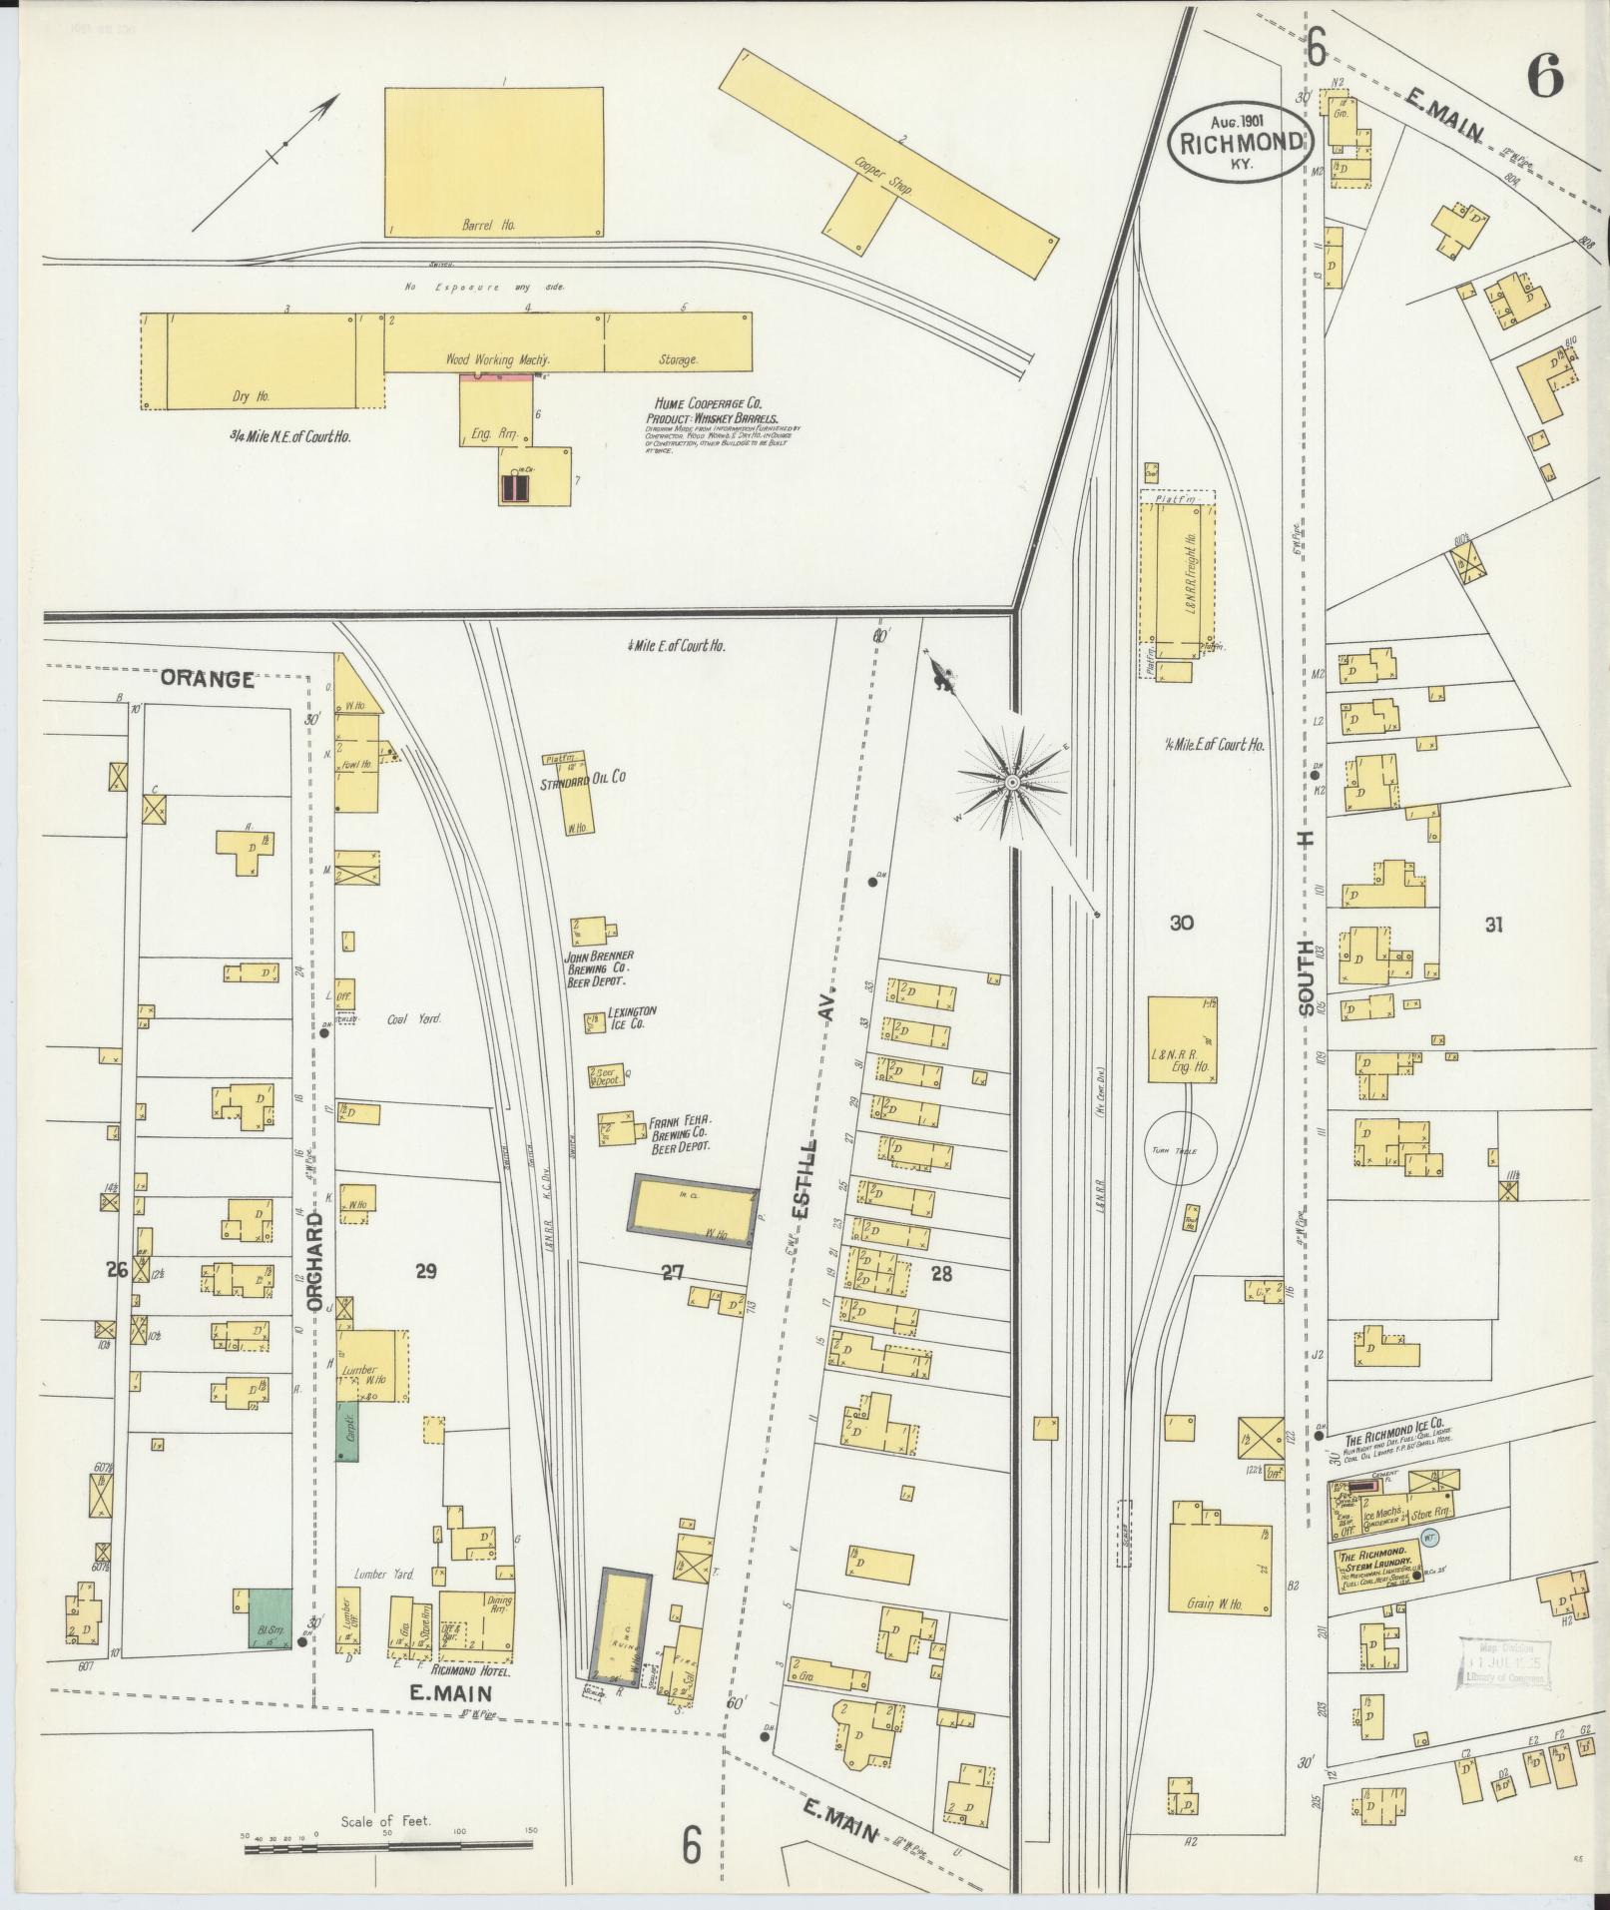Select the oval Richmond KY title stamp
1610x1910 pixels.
1239,140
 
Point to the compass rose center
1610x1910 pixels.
1011,781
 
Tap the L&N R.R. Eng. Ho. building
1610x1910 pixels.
1182,1038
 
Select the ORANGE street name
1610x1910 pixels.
208,679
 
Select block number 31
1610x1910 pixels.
1492,925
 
